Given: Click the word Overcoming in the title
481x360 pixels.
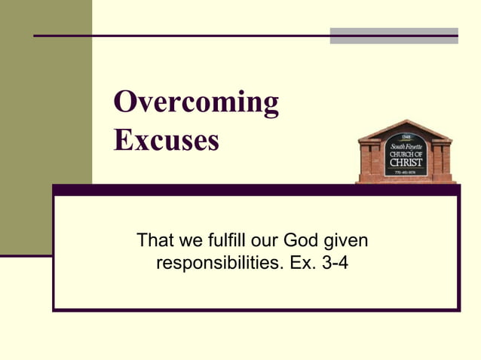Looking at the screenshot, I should pyautogui.click(x=196, y=103).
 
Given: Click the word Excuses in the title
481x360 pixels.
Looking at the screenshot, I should pyautogui.click(x=167, y=139).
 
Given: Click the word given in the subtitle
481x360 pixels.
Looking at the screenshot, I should pyautogui.click(x=347, y=242).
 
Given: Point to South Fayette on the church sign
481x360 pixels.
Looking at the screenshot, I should pyautogui.click(x=406, y=145).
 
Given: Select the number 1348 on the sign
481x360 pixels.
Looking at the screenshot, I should pyautogui.click(x=406, y=137).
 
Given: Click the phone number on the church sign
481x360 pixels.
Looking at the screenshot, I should pyautogui.click(x=406, y=172).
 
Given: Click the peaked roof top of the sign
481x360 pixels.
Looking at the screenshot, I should pyautogui.click(x=406, y=124).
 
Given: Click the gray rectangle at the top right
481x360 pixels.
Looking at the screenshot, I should pyautogui.click(x=394, y=35).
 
